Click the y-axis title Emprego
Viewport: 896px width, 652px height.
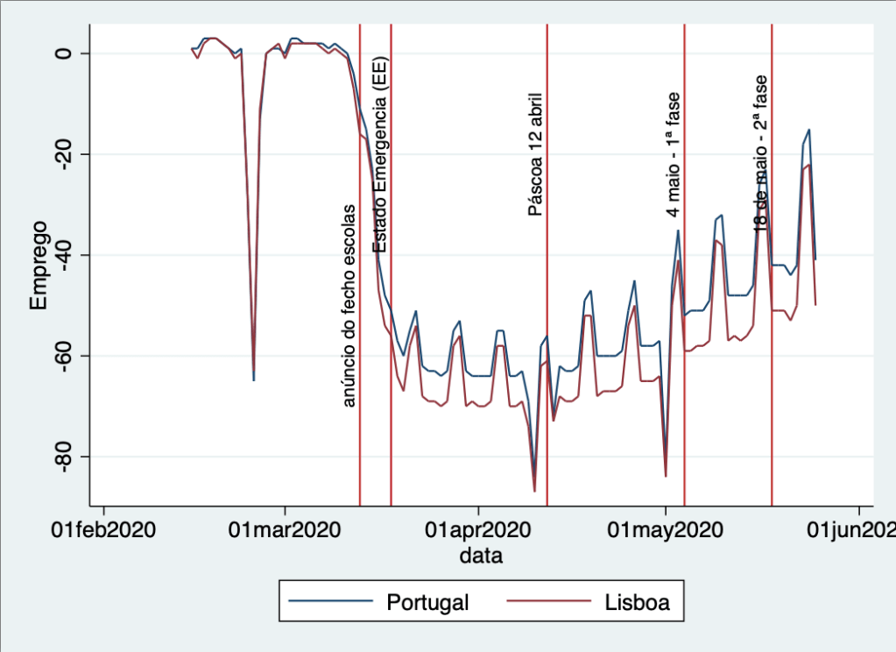point(39,266)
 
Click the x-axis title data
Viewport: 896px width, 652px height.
point(482,556)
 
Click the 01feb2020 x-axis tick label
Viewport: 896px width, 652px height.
point(104,531)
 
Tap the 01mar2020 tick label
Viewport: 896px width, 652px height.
point(285,531)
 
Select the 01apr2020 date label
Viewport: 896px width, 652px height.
point(478,531)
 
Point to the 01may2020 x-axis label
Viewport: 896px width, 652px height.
point(666,531)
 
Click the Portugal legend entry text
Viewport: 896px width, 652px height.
point(427,603)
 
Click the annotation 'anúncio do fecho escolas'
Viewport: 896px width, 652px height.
point(349,306)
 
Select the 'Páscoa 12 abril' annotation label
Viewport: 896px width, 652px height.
point(535,153)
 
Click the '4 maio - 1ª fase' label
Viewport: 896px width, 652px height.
point(673,155)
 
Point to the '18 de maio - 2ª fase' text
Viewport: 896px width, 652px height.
point(760,153)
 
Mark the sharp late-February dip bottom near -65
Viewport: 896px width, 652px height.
point(254,379)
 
